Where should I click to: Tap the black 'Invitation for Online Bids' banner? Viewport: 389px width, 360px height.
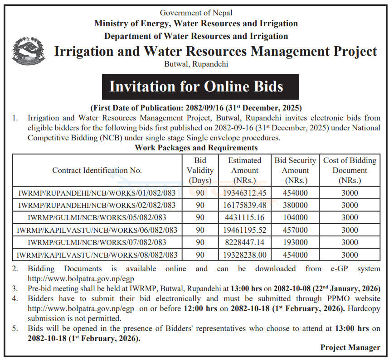(196, 86)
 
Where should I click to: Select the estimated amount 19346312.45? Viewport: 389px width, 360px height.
(244, 193)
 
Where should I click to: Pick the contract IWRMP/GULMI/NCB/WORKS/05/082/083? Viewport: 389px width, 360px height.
(97, 217)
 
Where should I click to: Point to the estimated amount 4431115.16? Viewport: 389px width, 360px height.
(244, 217)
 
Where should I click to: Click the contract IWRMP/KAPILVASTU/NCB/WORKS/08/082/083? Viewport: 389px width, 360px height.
(97, 255)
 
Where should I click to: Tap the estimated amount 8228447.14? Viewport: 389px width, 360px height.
(244, 242)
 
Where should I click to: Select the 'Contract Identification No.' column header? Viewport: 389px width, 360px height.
(97, 171)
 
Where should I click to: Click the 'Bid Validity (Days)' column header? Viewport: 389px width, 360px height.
(200, 171)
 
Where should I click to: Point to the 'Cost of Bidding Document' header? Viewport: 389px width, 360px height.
(350, 171)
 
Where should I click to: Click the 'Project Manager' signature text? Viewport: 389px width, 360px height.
(350, 348)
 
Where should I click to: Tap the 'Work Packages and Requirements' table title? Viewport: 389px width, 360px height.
(196, 148)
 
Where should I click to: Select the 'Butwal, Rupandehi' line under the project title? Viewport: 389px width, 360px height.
(196, 64)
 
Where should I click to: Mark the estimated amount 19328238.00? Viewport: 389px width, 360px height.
(244, 255)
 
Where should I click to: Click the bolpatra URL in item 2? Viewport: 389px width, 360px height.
(81, 278)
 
